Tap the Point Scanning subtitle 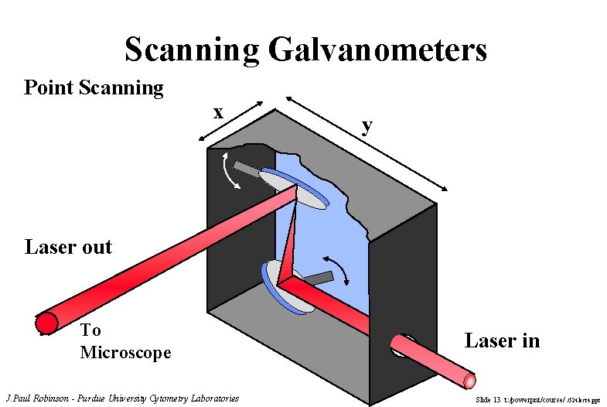click(x=94, y=87)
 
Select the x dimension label click(x=219, y=112)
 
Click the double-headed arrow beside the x click(x=231, y=122)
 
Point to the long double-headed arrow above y click(x=367, y=144)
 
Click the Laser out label click(x=68, y=248)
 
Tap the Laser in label click(x=502, y=340)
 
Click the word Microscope click(x=125, y=353)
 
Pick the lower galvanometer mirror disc click(x=288, y=286)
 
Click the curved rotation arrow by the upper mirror click(x=230, y=170)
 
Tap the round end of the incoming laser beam click(x=470, y=378)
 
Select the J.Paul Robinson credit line click(x=122, y=398)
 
